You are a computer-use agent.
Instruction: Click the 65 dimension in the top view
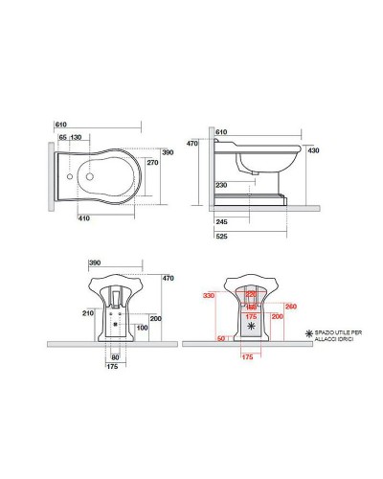pos(63,137)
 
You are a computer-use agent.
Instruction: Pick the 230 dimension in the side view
pos(221,184)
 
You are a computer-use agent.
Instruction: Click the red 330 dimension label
pos(204,297)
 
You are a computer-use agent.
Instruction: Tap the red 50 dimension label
pos(220,338)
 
